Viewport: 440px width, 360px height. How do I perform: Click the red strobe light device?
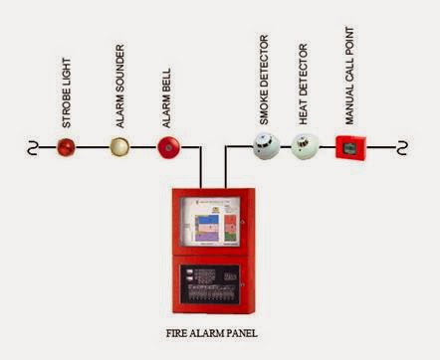click(x=66, y=148)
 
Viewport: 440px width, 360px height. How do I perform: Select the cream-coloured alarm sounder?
click(x=119, y=148)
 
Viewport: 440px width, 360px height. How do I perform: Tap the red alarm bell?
click(x=167, y=148)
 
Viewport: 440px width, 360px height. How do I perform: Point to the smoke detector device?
click(x=264, y=148)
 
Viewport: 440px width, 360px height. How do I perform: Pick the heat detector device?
click(x=305, y=148)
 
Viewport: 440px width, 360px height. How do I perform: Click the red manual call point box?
click(x=351, y=148)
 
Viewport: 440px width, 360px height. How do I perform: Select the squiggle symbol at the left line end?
click(x=32, y=148)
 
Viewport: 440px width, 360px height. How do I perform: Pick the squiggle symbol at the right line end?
click(x=402, y=148)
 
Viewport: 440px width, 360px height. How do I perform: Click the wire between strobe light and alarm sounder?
click(x=93, y=148)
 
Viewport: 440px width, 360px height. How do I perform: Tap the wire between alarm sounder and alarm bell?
click(x=143, y=148)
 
